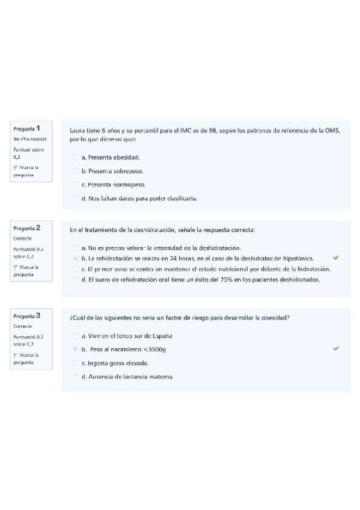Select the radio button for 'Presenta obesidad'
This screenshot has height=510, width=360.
tap(76, 158)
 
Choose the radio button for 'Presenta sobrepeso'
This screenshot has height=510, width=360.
tap(76, 171)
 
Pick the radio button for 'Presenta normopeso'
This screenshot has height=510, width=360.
tap(76, 185)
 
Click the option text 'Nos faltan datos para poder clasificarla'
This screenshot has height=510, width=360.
tap(139, 198)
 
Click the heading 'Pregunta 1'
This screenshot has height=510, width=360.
tap(27, 129)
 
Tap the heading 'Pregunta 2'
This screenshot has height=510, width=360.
tap(27, 229)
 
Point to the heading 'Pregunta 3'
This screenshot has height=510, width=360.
tap(27, 316)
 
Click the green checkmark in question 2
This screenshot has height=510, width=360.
tap(335, 257)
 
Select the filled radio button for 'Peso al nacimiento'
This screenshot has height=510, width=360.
tap(76, 349)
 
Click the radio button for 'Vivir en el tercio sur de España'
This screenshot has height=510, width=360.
tap(76, 336)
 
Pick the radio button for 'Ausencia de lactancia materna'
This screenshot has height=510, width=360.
tap(76, 377)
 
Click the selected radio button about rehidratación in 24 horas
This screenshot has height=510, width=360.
tap(76, 258)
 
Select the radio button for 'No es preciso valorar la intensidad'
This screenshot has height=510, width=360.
tap(76, 248)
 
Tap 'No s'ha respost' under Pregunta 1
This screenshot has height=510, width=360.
tap(29, 139)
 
